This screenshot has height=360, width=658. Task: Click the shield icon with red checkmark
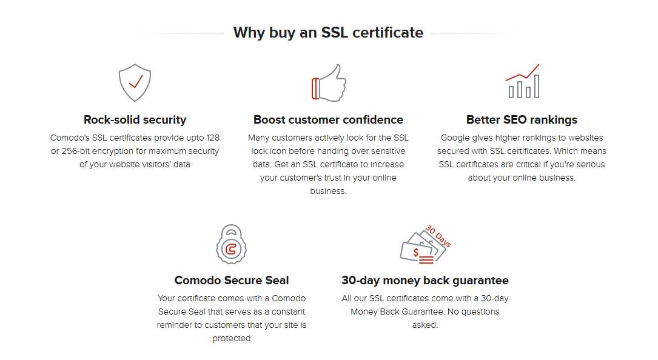tap(135, 82)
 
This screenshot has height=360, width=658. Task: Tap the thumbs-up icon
tap(329, 82)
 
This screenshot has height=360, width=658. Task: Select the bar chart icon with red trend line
tap(522, 81)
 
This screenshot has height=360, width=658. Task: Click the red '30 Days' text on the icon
tap(438, 236)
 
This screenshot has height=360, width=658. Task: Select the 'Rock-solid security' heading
tap(135, 120)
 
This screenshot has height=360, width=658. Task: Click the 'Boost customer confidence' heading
tap(328, 120)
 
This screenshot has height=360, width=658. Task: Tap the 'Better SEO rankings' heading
tap(522, 120)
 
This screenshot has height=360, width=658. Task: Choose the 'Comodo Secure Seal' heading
tap(232, 280)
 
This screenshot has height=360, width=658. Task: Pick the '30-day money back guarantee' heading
tap(425, 280)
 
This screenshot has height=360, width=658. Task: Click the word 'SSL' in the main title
tap(334, 32)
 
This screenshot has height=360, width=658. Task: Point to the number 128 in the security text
tap(213, 138)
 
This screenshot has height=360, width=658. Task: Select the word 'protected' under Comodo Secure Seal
tap(232, 339)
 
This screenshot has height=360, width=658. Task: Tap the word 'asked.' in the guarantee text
tap(425, 325)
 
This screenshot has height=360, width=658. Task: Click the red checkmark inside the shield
tap(136, 81)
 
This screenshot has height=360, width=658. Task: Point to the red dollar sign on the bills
tap(416, 252)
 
